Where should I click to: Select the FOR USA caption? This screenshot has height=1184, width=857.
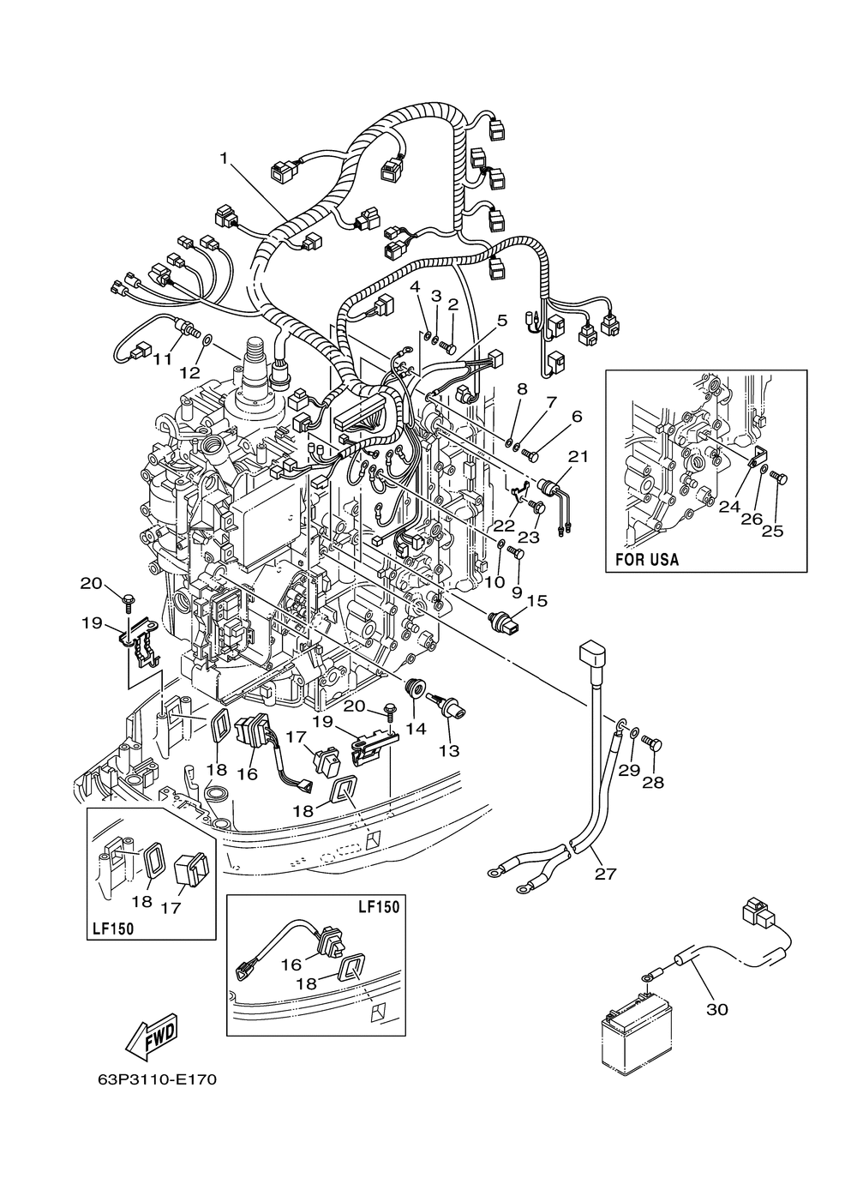tap(648, 560)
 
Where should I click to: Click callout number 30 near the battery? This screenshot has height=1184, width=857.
tap(716, 1009)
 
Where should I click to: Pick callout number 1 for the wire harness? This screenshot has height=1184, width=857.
tap(225, 159)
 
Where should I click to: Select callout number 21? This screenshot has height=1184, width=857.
tap(578, 457)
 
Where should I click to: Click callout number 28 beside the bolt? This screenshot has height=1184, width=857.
tap(652, 782)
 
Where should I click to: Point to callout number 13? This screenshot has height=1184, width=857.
tap(448, 751)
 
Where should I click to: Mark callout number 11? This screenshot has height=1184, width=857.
tap(163, 360)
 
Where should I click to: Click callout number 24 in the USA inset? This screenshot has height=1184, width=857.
tap(729, 507)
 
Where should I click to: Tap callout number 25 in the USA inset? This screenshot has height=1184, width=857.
tap(772, 531)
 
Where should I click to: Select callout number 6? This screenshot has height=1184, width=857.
tap(577, 417)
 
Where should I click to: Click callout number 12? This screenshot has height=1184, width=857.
tap(189, 373)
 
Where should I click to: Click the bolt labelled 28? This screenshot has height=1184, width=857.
tap(650, 742)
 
